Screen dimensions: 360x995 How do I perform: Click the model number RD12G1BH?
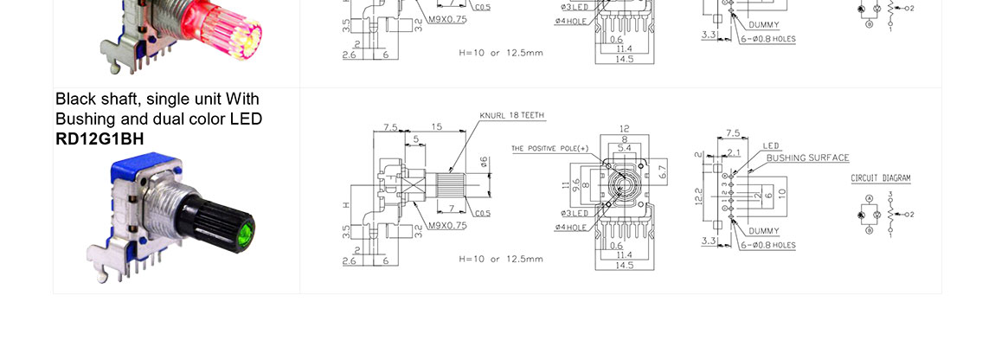99,138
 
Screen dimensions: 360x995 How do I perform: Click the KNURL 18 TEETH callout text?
512,115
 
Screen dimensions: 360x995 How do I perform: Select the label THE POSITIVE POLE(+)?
549,149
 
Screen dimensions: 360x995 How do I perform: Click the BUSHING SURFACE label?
807,158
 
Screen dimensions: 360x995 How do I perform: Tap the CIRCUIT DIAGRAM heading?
881,178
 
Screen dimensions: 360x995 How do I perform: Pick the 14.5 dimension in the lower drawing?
624,266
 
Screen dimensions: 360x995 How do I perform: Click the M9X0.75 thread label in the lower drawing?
447,225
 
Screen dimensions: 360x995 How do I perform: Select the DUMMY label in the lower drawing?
764,231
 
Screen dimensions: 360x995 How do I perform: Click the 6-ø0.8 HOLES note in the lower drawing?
767,245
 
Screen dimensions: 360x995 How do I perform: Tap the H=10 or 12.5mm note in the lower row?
501,259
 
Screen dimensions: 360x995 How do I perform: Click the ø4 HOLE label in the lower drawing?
571,228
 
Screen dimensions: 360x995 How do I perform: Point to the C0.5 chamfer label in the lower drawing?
483,214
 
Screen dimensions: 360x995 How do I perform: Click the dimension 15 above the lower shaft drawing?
436,126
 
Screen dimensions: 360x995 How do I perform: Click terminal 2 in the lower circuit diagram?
910,214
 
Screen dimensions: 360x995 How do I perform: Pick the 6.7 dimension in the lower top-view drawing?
664,172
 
